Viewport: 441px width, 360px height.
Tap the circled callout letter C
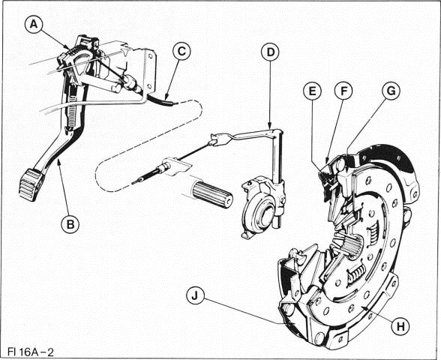(181, 51)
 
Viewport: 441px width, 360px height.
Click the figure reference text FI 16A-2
(29, 350)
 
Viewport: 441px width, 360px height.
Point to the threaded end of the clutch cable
(142, 179)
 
